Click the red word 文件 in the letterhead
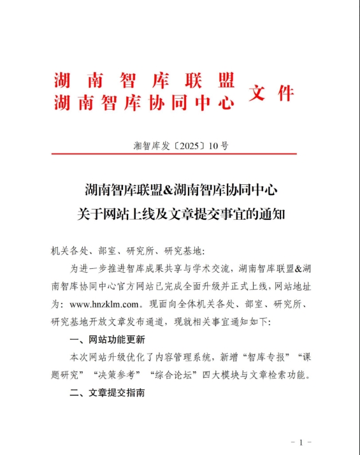click(x=271, y=93)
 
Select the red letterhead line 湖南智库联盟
click(x=144, y=81)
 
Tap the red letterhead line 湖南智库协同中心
click(x=144, y=103)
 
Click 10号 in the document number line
click(x=218, y=145)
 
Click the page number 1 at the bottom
click(x=300, y=441)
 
